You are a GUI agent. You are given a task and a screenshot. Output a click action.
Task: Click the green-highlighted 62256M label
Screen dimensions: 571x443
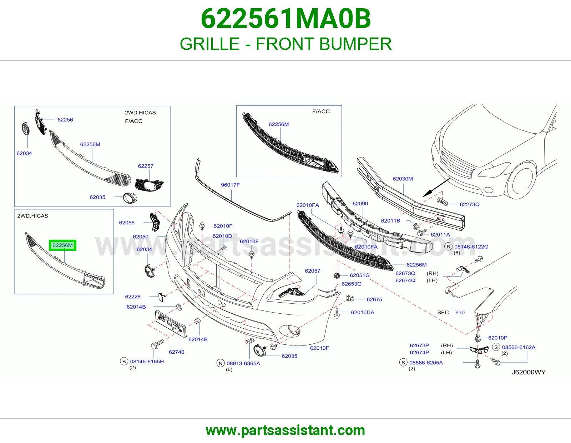62,245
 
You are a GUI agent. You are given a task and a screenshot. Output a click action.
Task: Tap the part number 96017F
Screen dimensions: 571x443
230,185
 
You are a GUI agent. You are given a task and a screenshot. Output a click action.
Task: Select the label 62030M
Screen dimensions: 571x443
403,179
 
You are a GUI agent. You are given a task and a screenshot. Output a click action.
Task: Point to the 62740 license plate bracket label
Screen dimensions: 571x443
177,352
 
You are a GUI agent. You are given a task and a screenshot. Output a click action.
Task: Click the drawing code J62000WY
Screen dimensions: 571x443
529,372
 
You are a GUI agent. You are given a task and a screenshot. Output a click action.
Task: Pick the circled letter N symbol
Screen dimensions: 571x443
221,363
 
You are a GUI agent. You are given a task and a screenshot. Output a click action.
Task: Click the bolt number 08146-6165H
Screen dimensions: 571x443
147,362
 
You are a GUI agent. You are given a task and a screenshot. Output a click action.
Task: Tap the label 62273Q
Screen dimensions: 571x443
470,204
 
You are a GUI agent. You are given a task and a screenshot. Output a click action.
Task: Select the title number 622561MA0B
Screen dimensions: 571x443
285,19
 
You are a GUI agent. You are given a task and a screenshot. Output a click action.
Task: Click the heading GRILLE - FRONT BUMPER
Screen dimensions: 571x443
285,44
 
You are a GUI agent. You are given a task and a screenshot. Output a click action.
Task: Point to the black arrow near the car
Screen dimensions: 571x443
436,188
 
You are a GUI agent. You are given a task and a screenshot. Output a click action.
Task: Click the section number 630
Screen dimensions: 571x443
460,313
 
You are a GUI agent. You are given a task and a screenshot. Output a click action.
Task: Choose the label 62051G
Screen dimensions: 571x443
359,275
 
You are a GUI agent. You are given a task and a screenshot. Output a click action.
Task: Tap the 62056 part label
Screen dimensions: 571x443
127,223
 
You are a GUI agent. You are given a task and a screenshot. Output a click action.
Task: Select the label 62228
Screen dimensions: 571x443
133,297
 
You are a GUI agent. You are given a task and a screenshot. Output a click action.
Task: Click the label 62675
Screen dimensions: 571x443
374,299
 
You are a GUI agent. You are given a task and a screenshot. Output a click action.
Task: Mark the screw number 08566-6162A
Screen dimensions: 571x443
519,347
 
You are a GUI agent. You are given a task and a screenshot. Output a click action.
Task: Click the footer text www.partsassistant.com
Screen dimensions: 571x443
285,430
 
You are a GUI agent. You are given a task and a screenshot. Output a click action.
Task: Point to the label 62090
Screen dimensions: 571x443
360,204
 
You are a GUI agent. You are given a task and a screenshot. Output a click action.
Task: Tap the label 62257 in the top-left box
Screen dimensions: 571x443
146,166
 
